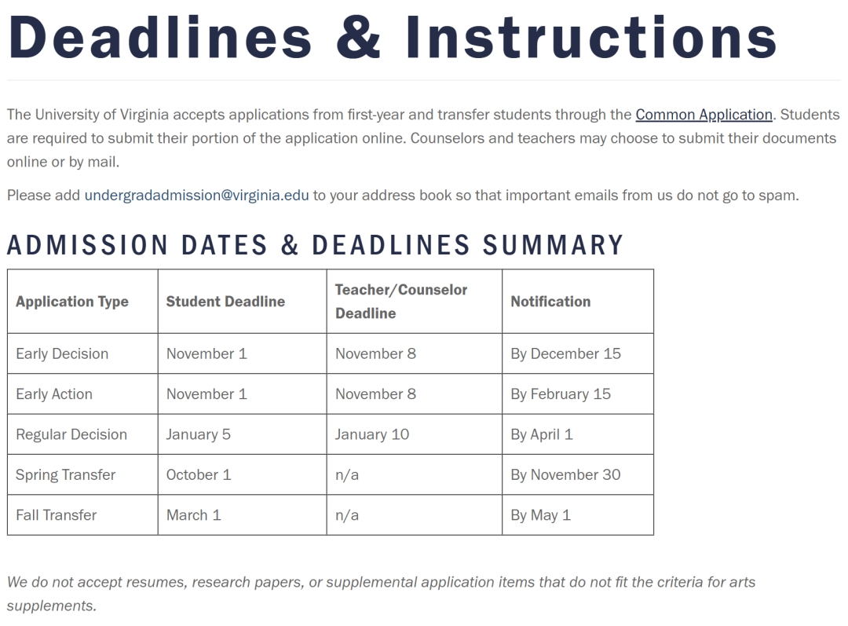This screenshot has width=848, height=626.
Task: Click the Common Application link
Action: click(x=704, y=115)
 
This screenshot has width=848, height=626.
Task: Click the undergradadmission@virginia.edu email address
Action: click(x=196, y=195)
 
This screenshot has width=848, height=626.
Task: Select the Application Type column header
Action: click(x=72, y=302)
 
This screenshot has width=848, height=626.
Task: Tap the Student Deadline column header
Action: click(x=225, y=302)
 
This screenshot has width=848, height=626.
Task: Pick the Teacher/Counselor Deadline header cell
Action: click(x=401, y=302)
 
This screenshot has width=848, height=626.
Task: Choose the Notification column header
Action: click(x=550, y=302)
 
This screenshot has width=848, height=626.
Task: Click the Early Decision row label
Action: click(x=62, y=353)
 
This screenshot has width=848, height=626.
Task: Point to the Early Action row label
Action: click(x=54, y=394)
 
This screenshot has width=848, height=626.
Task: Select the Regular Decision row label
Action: click(x=71, y=434)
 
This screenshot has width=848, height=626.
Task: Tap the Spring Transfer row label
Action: click(x=65, y=475)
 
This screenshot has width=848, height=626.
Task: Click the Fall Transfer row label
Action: click(x=57, y=515)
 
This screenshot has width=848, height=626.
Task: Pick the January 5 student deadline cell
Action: click(x=199, y=434)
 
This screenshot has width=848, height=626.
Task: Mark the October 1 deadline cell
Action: click(x=199, y=475)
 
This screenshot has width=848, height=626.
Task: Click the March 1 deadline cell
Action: click(x=194, y=515)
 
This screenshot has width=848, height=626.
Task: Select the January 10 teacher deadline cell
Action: click(x=372, y=434)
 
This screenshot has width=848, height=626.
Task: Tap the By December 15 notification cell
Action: click(x=565, y=353)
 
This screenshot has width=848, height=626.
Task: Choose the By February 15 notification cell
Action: click(x=561, y=394)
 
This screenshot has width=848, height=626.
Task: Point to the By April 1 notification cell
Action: click(x=542, y=434)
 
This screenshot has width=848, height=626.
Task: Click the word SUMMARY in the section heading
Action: click(x=553, y=245)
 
